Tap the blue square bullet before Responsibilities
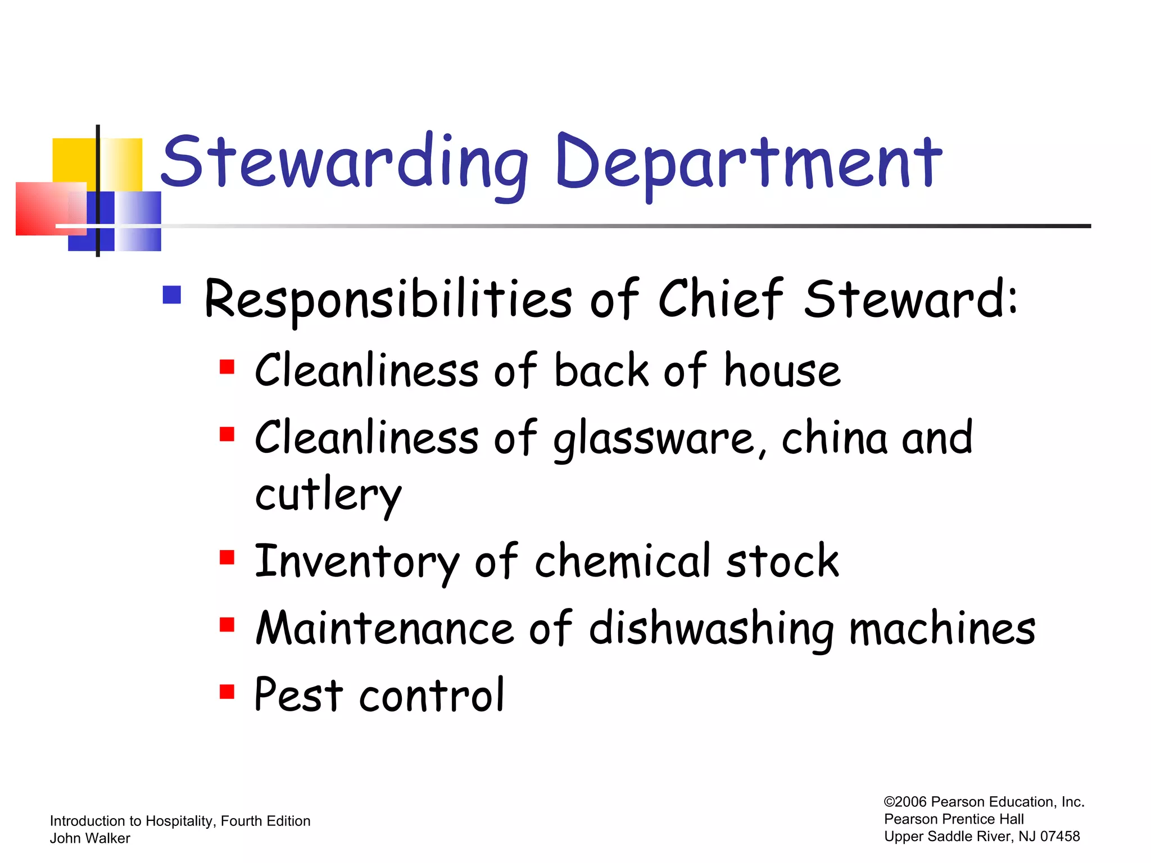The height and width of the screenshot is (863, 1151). point(172,295)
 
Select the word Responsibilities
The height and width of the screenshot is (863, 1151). point(388,299)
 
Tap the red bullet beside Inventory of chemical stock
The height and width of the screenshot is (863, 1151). point(227,557)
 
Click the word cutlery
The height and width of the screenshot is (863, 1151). point(328,496)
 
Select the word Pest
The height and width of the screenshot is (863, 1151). point(298,695)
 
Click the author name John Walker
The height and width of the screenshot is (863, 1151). point(90,838)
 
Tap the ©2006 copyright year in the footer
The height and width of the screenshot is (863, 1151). point(905,802)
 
